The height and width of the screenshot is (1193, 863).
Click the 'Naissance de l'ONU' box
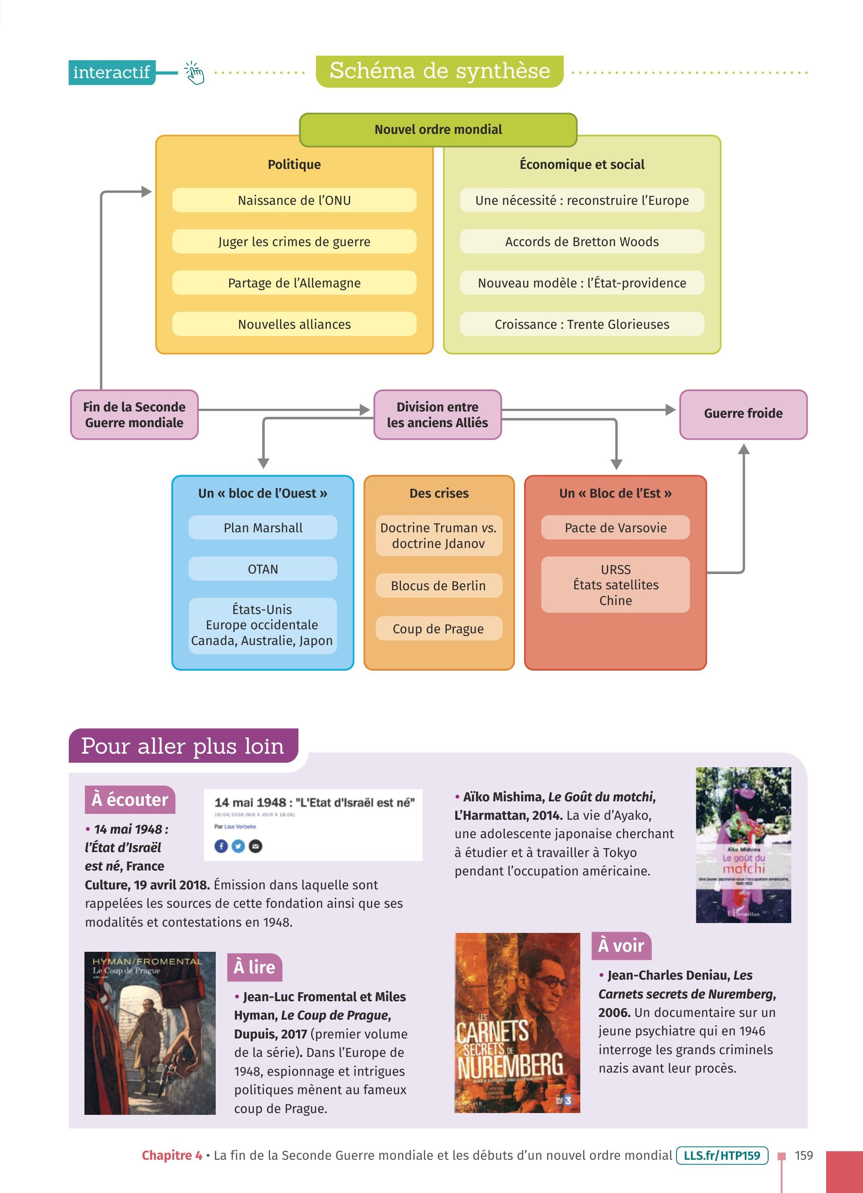pyautogui.click(x=294, y=200)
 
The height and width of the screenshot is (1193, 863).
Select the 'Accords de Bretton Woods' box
pyautogui.click(x=582, y=242)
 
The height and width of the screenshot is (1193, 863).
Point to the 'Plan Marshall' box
pyautogui.click(x=262, y=528)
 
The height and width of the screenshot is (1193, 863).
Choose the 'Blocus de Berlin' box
pyautogui.click(x=438, y=585)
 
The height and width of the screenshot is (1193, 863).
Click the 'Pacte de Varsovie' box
pyautogui.click(x=615, y=528)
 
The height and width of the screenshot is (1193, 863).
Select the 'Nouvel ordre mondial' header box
pyautogui.click(x=438, y=129)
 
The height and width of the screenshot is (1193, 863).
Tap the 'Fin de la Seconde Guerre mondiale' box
pyautogui.click(x=134, y=415)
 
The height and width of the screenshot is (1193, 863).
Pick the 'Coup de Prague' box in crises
pyautogui.click(x=438, y=628)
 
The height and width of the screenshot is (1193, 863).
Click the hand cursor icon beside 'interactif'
pyautogui.click(x=194, y=73)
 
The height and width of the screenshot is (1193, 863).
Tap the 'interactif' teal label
pyautogui.click(x=111, y=72)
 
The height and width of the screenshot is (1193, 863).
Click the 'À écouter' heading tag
pyautogui.click(x=129, y=800)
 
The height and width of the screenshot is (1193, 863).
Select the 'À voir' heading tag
pyautogui.click(x=621, y=945)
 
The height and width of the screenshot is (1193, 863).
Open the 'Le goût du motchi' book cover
pyautogui.click(x=743, y=845)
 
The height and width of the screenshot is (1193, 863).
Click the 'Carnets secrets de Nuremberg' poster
pyautogui.click(x=517, y=1022)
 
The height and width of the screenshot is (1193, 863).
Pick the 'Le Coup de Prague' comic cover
pyautogui.click(x=150, y=1033)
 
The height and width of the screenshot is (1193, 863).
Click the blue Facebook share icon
pyautogui.click(x=221, y=846)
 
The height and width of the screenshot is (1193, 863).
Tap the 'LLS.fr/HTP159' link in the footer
pyautogui.click(x=721, y=1156)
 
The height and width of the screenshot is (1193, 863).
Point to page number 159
pyautogui.click(x=804, y=1156)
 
